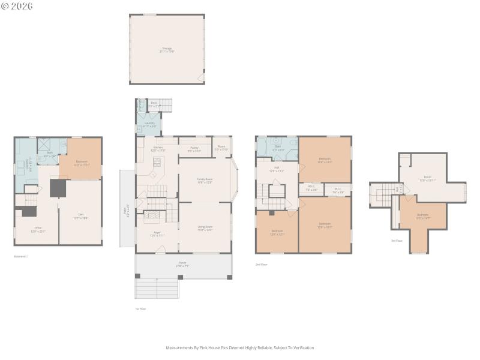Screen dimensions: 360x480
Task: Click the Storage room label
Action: pos(167,49)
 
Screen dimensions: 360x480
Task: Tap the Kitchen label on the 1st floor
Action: pos(158,148)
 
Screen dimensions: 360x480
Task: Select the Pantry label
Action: pos(194,148)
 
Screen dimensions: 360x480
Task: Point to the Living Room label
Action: pos(205,227)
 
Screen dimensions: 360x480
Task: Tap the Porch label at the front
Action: pos(182,264)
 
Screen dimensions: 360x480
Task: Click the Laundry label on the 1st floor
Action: pos(149,124)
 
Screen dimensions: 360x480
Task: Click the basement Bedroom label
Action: pos(81,162)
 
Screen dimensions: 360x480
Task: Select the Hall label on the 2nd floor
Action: pos(277,169)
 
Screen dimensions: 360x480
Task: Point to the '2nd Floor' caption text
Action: pos(262,264)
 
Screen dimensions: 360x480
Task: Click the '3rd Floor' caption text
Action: pos(397,241)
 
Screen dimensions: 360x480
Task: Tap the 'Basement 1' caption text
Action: pos(21,256)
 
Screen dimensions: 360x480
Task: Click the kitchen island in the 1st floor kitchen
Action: pos(158,161)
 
